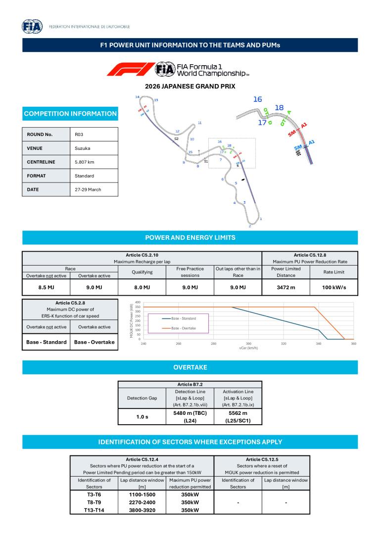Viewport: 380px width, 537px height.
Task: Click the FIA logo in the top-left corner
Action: click(33, 27)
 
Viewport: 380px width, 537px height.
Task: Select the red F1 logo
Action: click(130, 69)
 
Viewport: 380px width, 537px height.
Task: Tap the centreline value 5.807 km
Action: click(84, 162)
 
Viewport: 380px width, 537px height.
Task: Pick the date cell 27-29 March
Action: click(88, 189)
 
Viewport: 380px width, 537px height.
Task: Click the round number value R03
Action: click(79, 134)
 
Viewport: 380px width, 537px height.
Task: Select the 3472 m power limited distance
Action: click(286, 287)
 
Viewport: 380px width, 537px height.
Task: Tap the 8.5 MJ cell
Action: click(47, 287)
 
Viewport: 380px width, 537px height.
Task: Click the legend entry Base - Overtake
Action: click(184, 328)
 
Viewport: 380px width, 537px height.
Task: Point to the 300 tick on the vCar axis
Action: click(248, 343)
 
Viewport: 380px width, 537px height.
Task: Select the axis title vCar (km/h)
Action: click(248, 348)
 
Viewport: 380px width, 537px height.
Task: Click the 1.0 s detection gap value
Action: click(143, 417)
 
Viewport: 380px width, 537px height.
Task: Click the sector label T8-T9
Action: click(94, 502)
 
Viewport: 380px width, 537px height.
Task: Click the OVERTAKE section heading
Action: click(190, 367)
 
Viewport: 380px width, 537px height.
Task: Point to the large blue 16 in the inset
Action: click(257, 99)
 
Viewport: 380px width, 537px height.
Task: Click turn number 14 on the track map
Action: click(138, 97)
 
